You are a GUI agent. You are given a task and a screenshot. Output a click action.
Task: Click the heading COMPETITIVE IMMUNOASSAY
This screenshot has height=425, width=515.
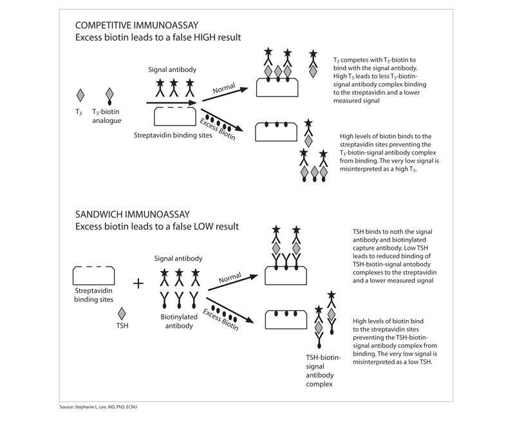[137, 25]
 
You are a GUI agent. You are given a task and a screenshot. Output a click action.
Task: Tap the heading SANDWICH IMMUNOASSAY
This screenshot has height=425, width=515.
[133, 214]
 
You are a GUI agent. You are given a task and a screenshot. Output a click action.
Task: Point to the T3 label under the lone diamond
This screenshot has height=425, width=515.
[79, 112]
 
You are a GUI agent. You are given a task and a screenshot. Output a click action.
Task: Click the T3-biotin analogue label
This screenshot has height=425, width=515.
[106, 116]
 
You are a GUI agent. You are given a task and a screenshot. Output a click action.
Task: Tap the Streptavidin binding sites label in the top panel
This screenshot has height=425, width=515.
[173, 135]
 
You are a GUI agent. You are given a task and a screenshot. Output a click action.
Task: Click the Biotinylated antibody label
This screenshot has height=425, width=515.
[179, 321]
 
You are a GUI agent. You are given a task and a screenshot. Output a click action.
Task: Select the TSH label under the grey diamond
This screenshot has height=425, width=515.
[122, 325]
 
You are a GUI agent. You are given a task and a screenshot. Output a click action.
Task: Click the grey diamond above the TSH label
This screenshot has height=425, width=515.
[122, 314]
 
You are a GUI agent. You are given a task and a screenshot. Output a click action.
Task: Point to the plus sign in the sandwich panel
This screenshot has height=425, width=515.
[138, 283]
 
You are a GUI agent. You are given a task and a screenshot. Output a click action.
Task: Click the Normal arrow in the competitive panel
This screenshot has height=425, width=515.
[225, 94]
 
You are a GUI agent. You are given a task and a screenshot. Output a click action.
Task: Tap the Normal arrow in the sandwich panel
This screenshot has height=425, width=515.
[233, 283]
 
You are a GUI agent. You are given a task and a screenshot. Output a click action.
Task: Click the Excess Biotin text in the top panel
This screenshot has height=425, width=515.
[218, 129]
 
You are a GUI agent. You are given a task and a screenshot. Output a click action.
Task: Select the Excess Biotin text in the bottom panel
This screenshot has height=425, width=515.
[221, 319]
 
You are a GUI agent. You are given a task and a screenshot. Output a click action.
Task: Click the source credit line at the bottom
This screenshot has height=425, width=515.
[98, 406]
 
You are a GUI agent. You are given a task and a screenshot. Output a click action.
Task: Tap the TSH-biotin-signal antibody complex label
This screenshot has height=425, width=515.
[324, 370]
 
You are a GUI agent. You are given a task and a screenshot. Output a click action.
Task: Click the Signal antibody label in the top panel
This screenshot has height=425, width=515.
[172, 70]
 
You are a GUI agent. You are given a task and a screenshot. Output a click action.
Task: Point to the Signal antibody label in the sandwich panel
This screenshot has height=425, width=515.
[178, 258]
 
